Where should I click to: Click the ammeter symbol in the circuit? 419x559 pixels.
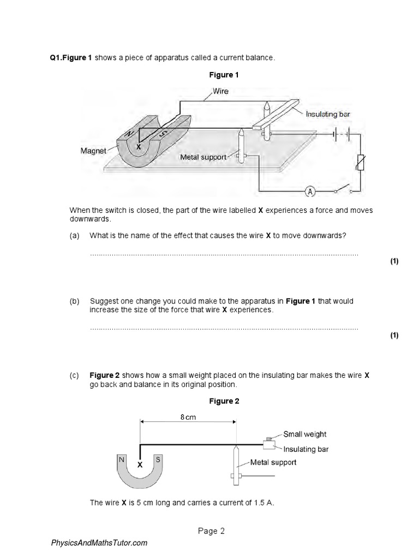coord(310,192)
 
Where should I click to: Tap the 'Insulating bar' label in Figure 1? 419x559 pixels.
coord(327,114)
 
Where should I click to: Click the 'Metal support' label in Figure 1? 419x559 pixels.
coord(203,157)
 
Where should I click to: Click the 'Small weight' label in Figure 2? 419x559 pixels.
coord(304,434)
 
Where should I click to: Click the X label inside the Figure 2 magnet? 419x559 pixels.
coord(140,465)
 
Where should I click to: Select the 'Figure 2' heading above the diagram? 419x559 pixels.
coord(224,401)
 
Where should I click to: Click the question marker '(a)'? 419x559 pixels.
coord(74,235)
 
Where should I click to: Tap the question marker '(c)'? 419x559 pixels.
coord(74,376)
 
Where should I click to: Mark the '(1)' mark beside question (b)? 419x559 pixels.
coord(394,335)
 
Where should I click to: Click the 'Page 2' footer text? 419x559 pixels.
coord(210,531)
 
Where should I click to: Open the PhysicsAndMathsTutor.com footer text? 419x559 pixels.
coord(99,543)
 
